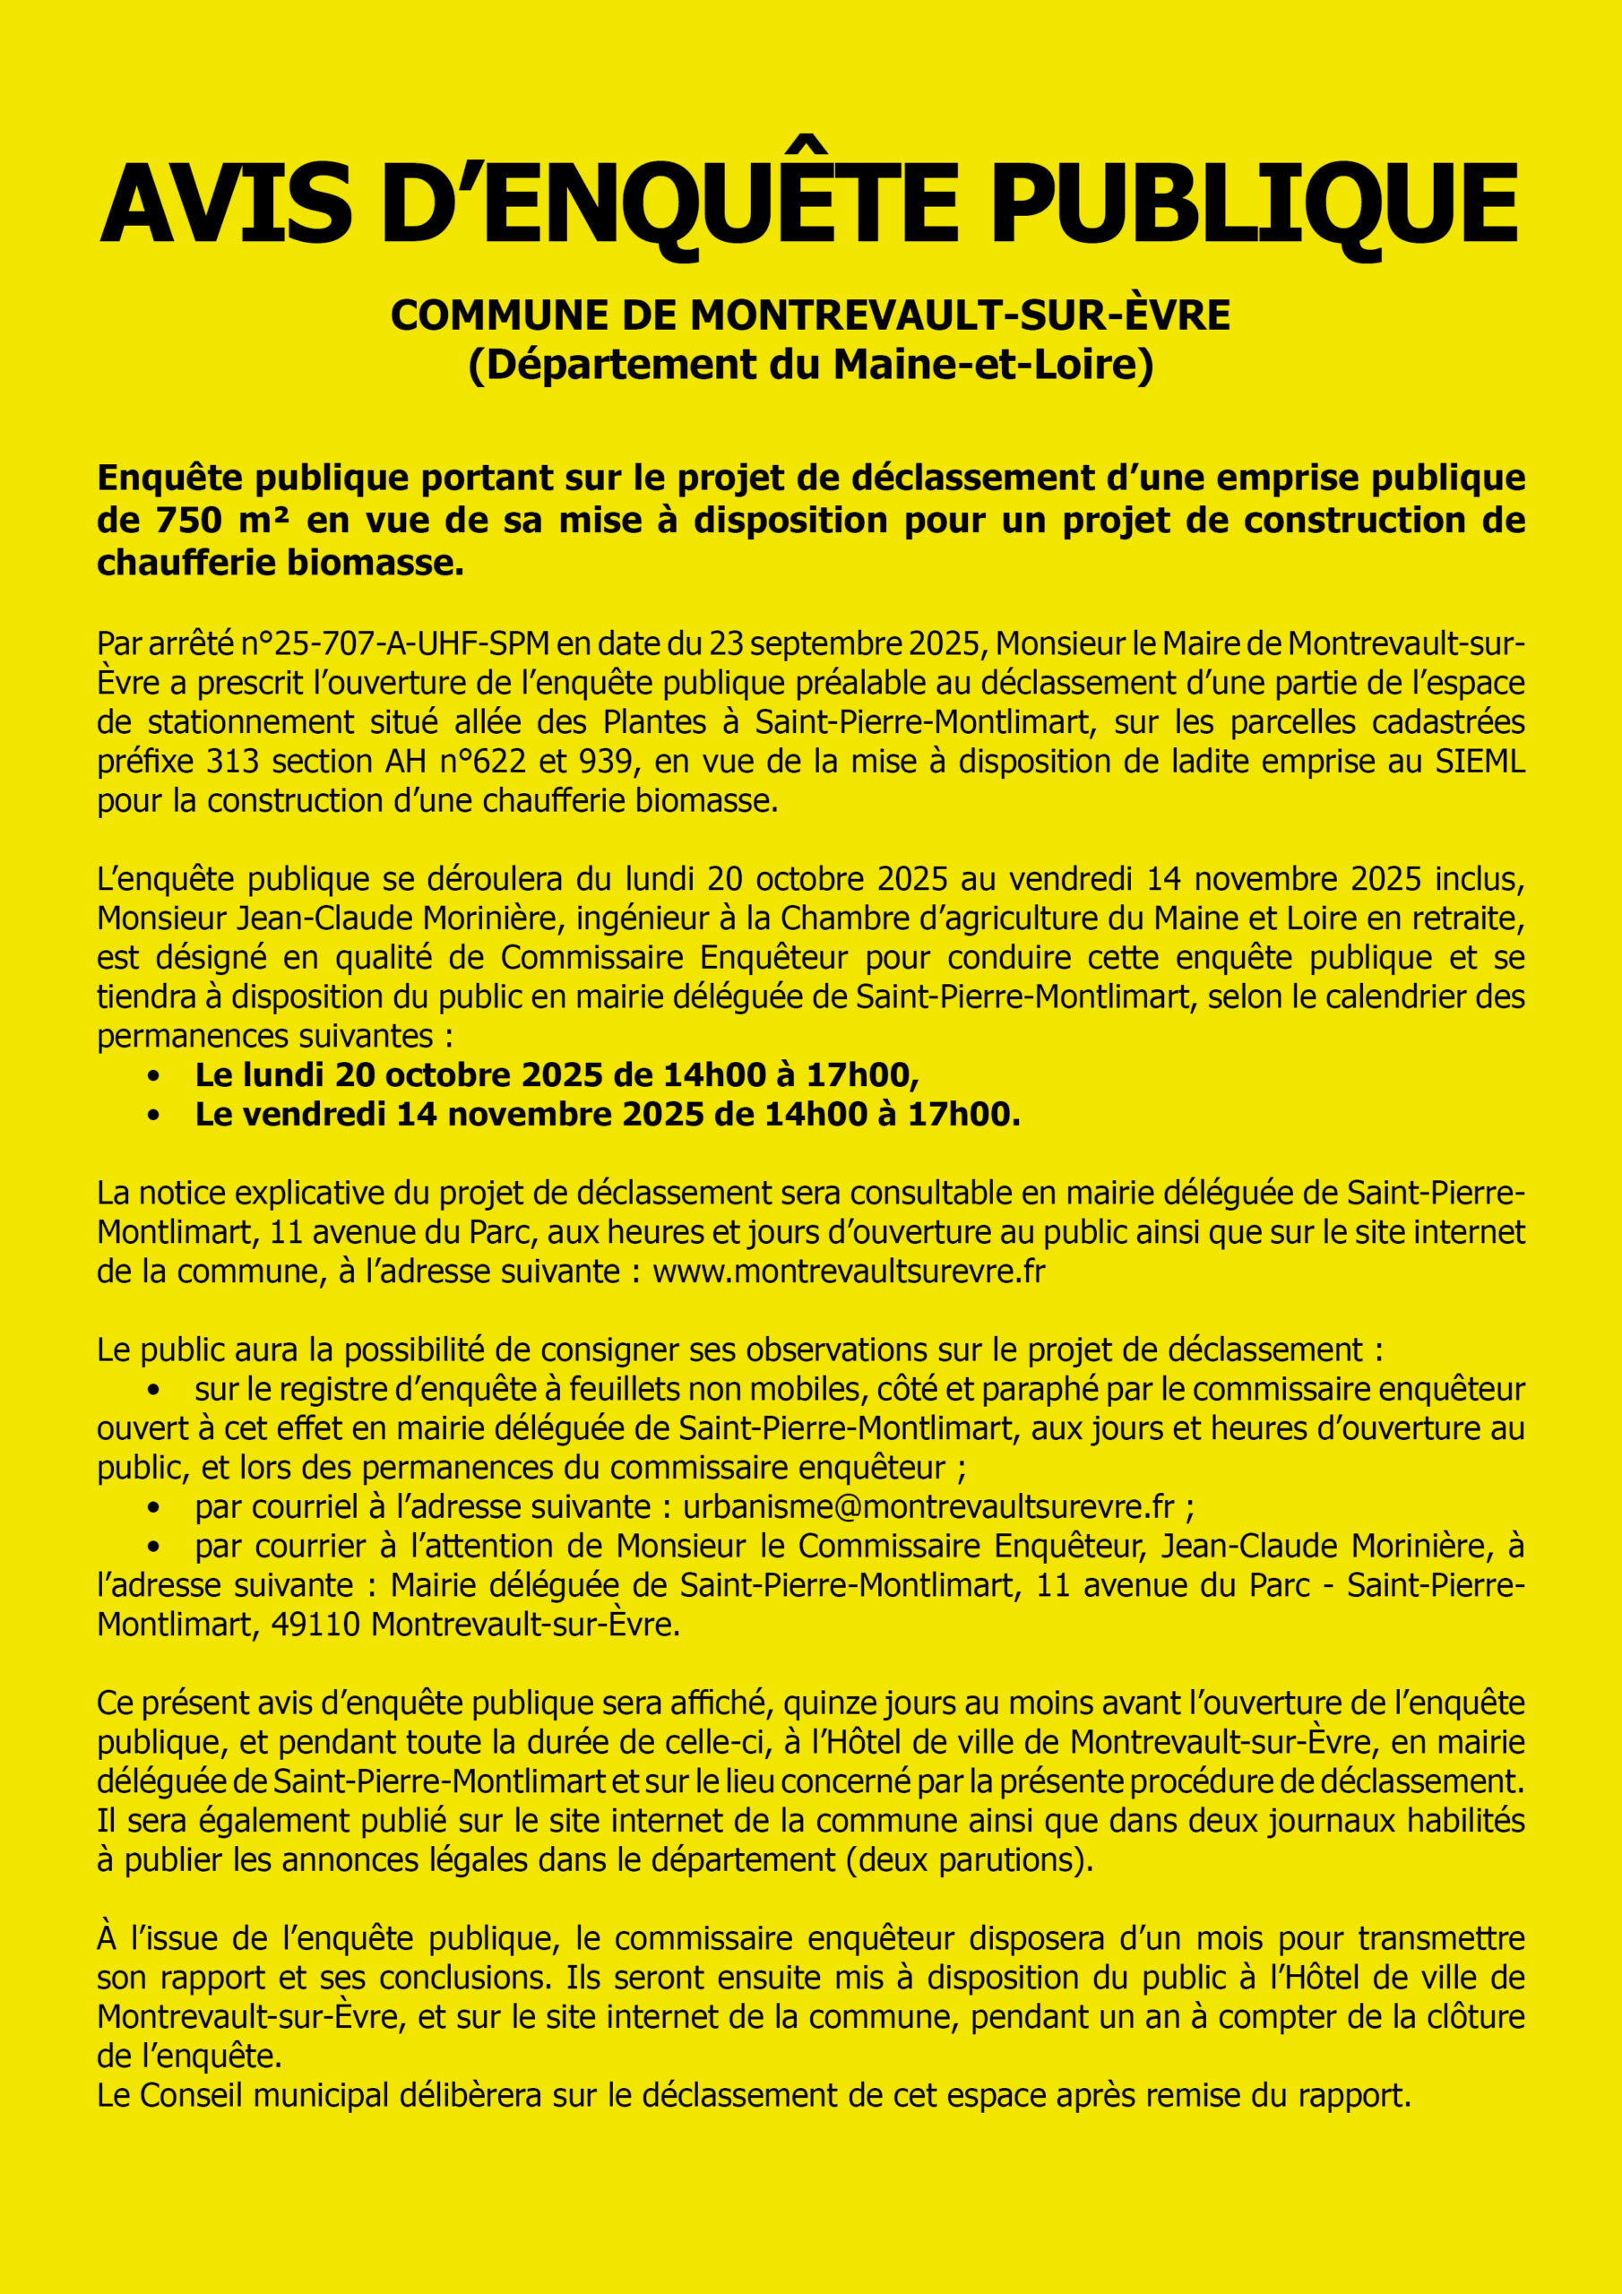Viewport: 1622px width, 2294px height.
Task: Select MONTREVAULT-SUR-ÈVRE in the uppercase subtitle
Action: [960, 315]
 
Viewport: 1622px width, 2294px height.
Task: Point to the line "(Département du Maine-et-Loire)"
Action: [810, 365]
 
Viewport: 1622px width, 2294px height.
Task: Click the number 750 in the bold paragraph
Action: [188, 521]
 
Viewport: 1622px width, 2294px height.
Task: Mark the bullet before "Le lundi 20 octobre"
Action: [153, 1076]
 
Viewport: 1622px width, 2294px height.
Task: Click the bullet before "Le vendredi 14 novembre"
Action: [153, 1115]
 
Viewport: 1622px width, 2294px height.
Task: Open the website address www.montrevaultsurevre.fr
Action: [849, 1272]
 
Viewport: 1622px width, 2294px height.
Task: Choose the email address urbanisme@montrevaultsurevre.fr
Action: [928, 1506]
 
